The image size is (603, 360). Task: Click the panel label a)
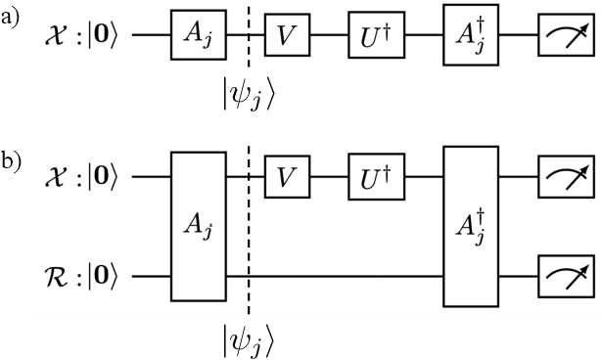coord(11,16)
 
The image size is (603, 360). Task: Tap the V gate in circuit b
coord(285,177)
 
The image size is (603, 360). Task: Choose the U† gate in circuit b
coord(377,177)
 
